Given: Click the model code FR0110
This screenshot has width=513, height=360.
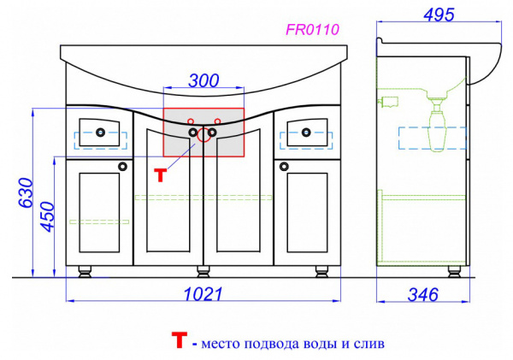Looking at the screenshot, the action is [x=312, y=29].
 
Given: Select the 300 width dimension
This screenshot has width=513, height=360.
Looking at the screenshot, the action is [x=203, y=80].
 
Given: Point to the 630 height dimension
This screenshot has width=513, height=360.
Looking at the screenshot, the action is [x=26, y=192].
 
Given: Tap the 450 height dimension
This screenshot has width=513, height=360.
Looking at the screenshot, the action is [x=46, y=216].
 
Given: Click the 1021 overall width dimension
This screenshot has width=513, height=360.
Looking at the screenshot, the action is [x=203, y=294].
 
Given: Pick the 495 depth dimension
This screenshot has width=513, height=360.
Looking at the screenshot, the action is [x=439, y=15].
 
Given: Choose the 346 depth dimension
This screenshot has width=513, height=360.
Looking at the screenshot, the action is [x=422, y=294].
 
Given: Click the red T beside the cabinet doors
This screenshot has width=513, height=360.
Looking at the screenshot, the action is [x=161, y=175].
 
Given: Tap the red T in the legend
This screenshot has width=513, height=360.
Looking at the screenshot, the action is [x=180, y=339].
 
